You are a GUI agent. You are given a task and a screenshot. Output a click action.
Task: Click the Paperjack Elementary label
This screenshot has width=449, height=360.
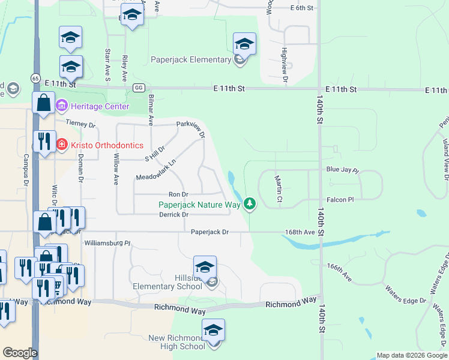coord(191,59)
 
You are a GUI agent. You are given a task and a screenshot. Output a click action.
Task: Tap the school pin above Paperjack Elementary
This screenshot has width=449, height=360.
coord(244,44)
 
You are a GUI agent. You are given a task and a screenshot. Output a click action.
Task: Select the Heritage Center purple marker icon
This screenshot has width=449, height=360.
coord(61,106)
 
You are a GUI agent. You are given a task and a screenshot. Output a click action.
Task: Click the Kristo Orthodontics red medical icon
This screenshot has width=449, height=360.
coord(61,145)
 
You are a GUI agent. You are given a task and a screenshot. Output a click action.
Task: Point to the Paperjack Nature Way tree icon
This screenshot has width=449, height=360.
coord(250,205)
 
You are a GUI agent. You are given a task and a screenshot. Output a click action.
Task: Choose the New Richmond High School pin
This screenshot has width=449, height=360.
coord(212,331)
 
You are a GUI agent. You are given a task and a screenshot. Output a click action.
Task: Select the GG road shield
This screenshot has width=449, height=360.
coord(139,88)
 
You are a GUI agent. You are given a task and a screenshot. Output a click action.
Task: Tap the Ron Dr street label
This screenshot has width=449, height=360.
coord(178,194)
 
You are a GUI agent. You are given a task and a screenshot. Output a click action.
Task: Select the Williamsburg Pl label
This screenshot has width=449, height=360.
coord(107,243)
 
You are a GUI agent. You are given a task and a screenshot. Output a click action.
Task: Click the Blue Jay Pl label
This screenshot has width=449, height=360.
coord(342,170)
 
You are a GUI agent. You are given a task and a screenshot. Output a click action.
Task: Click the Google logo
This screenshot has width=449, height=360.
coord(20,353)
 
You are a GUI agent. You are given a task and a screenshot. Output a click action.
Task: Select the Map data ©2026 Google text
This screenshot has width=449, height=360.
coord(411,355)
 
